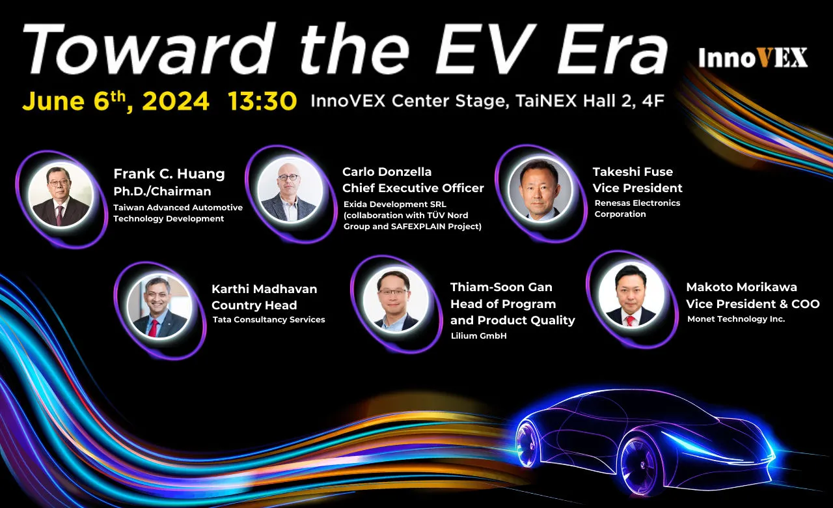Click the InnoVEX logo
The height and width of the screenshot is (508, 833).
pyautogui.click(x=753, y=58)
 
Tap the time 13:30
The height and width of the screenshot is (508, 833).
pyautogui.click(x=262, y=101)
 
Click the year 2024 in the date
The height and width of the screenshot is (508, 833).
pyautogui.click(x=176, y=101)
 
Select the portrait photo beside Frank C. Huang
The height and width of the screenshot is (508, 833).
pyautogui.click(x=61, y=195)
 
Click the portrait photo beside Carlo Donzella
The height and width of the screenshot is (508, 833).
pyautogui.click(x=290, y=190)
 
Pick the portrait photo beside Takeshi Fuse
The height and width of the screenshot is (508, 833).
pyautogui.click(x=540, y=190)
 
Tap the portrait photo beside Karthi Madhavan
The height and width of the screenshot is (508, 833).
pyautogui.click(x=159, y=307)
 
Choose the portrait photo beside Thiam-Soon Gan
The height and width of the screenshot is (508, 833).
pyautogui.click(x=396, y=300)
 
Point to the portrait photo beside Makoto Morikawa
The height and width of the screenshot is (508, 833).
pyautogui.click(x=631, y=296)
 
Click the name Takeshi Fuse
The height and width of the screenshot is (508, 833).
pyautogui.click(x=633, y=172)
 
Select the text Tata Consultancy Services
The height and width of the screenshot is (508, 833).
pyautogui.click(x=269, y=320)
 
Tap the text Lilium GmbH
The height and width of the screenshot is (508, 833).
pyautogui.click(x=478, y=335)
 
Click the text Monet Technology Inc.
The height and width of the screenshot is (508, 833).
pyautogui.click(x=736, y=319)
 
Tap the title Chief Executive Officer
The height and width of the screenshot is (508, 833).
pyautogui.click(x=413, y=188)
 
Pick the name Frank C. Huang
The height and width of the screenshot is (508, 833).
pyautogui.click(x=169, y=174)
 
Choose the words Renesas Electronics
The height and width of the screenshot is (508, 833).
pyautogui.click(x=637, y=203)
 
